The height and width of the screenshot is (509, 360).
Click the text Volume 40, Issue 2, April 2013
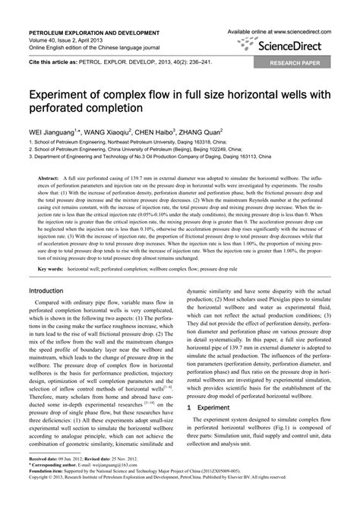(69, 42)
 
